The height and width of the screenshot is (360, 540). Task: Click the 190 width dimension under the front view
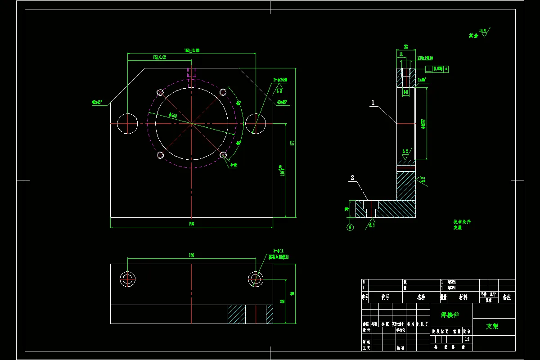(191, 224)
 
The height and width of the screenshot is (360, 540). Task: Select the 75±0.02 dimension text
(160, 57)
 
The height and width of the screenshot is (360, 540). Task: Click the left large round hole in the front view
(127, 123)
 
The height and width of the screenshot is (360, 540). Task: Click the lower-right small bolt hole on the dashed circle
(223, 155)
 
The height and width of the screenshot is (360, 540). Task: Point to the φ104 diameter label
(173, 115)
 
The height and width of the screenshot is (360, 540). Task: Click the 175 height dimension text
(292, 143)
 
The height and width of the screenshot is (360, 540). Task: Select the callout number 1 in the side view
(373, 103)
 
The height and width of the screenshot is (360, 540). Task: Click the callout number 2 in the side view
(352, 178)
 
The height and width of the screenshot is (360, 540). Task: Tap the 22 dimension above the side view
(405, 46)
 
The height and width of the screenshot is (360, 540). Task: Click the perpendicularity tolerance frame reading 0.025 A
(437, 69)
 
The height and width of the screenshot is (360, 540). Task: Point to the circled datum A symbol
(350, 227)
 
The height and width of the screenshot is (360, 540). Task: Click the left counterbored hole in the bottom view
(128, 279)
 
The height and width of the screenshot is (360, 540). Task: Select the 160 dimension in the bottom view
(191, 255)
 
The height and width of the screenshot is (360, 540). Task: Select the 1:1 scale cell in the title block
(467, 339)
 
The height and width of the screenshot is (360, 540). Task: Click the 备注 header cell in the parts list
(506, 297)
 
